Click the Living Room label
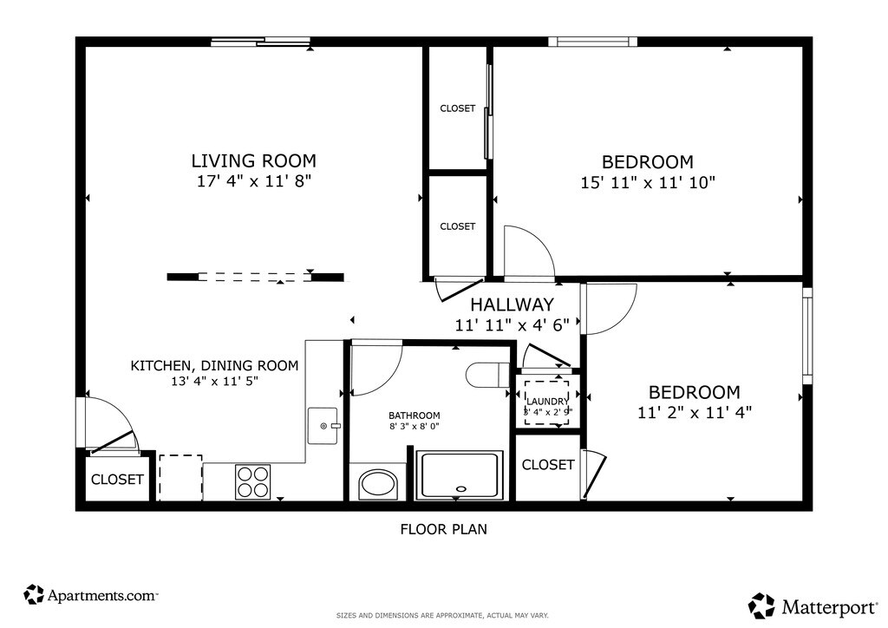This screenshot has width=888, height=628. pos(254,160)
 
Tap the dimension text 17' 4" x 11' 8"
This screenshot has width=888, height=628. pos(254,182)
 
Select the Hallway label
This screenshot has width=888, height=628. pos(512,304)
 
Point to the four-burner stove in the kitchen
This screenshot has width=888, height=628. pos(252,481)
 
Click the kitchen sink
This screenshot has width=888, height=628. pos(323,426)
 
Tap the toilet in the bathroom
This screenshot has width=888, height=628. pos(488,375)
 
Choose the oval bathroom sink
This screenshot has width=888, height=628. pos(378,484)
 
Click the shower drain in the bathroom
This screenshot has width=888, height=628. pos(461,488)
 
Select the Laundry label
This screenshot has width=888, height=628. pos(548,402)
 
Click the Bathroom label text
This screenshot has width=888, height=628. pos(414,415)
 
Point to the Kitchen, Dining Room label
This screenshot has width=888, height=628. pos(215,366)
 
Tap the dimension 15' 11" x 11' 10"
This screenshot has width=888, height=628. pos(648,183)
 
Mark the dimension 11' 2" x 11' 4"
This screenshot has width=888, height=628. pos(695,413)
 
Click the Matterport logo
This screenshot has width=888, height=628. pos(813,606)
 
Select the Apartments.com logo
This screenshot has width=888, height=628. pos(90,595)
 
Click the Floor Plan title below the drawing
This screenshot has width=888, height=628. pos(443,529)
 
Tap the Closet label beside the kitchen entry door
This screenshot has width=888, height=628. pos(117,480)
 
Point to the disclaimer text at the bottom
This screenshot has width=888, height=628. pos(442,615)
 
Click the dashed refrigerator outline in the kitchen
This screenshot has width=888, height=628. pos(180,477)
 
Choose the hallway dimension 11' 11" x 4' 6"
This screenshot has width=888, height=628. pos(512,325)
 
